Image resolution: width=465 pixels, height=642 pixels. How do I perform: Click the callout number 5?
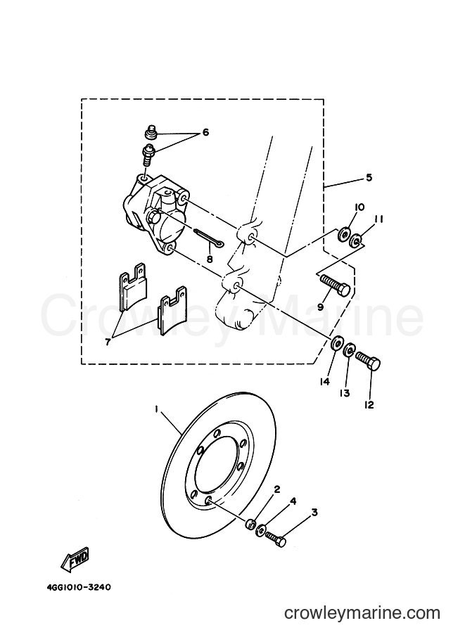pyautogui.click(x=369, y=178)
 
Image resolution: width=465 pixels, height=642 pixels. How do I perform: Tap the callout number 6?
pyautogui.click(x=205, y=132)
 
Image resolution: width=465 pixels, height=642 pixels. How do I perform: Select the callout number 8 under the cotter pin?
pyautogui.click(x=210, y=259)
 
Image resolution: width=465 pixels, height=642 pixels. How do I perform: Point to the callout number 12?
pyautogui.click(x=369, y=404)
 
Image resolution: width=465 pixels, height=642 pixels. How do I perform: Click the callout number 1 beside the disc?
pyautogui.click(x=156, y=409)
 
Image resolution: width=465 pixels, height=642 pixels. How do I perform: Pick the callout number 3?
pyautogui.click(x=314, y=512)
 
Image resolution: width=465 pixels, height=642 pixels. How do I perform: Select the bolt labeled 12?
pyautogui.click(x=368, y=359)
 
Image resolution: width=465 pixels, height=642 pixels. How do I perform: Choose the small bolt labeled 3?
pyautogui.click(x=276, y=539)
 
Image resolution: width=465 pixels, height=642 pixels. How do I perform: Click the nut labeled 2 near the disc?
pyautogui.click(x=250, y=524)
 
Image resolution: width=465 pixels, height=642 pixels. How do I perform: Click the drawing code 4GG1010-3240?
pyautogui.click(x=79, y=587)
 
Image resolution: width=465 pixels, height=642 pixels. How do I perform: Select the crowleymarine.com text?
pyautogui.click(x=362, y=613)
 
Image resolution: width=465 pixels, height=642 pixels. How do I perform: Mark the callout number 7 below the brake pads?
pyautogui.click(x=108, y=342)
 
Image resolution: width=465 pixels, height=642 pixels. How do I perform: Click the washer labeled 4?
pyautogui.click(x=260, y=531)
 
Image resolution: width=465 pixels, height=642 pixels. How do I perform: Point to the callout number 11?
pyautogui.click(x=378, y=219)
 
